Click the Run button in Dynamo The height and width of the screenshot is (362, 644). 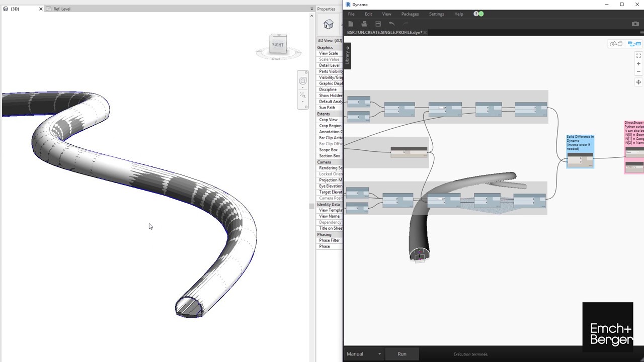coord(401,354)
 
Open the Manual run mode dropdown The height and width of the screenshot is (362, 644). coord(364,354)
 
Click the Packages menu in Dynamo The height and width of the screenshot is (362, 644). coord(410,14)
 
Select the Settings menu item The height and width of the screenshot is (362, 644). coord(436,14)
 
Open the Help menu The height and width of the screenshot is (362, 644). coord(458,14)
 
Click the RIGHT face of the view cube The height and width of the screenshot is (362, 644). coord(278,45)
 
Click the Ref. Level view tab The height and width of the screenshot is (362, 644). coord(62,9)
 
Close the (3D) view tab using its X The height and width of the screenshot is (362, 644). coord(41,9)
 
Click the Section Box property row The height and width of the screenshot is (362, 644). coord(330,156)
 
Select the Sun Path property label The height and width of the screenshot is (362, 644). coord(327,108)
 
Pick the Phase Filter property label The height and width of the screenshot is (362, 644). coord(330,240)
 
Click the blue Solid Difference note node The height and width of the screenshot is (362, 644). coord(580,150)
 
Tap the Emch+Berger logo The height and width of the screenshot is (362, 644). coord(608,327)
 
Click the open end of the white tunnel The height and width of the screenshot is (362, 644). coord(189,308)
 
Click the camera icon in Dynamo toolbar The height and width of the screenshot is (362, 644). coord(635,24)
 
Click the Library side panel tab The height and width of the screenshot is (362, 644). coord(347,56)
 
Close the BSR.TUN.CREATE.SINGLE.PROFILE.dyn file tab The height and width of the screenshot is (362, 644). coord(425,32)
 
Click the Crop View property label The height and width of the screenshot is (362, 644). coord(328,120)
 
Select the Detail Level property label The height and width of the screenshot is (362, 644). coord(329,65)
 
